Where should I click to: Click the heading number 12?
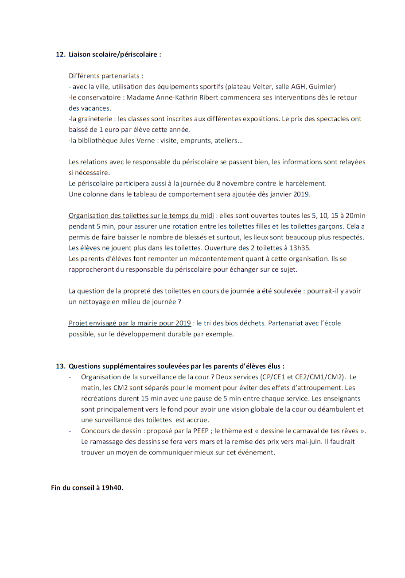[x=60, y=54]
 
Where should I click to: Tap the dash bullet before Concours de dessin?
[x=70, y=431]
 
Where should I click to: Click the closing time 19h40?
[x=112, y=488]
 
